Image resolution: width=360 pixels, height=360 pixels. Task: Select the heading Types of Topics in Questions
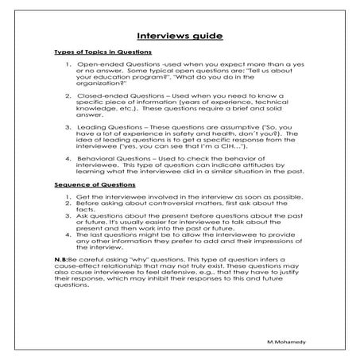(x=103, y=52)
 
